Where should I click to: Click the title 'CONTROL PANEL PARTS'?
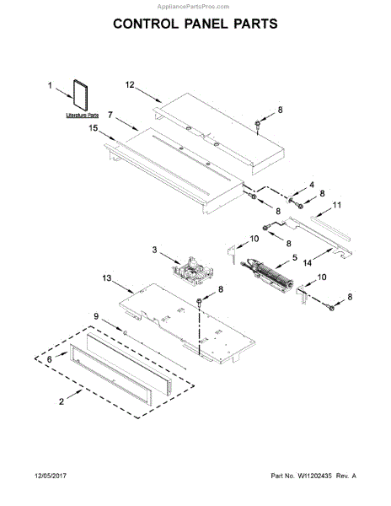(x=195, y=24)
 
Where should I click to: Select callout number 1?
(x=50, y=85)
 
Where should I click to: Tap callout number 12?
(x=131, y=85)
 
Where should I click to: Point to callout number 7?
(x=110, y=124)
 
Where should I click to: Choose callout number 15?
(x=94, y=129)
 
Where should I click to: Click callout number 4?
(x=311, y=185)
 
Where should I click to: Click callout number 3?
(x=155, y=250)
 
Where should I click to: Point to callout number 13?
(x=107, y=277)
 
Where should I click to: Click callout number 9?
(x=96, y=316)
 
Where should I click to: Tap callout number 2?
(x=62, y=402)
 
